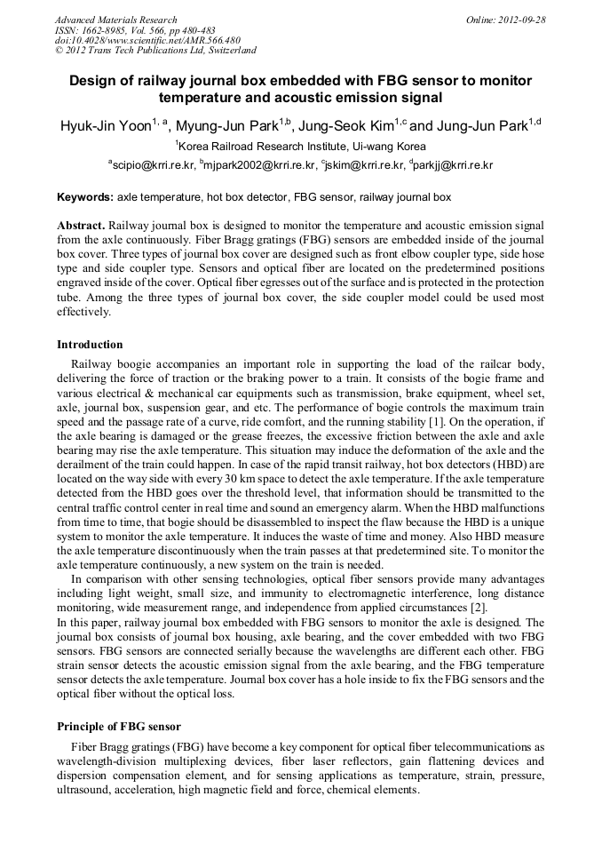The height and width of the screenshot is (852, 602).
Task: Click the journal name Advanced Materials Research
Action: coord(116,20)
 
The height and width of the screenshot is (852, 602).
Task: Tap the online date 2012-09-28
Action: coord(505,20)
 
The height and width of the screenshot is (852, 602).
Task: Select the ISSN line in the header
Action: coord(135,30)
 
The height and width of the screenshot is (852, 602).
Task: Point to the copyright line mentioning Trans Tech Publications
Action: coord(155,52)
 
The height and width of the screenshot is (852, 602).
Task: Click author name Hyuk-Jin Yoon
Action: coord(104,126)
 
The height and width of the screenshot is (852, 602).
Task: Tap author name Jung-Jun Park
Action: coord(479,126)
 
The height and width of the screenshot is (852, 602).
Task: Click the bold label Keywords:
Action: coord(85,196)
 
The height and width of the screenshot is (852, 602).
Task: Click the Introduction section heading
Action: coord(90,345)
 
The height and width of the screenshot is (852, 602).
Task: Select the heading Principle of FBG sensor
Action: coord(119,727)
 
